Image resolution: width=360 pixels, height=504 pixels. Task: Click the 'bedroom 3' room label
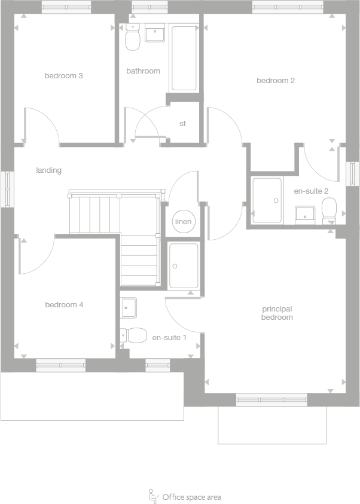(x=63, y=76)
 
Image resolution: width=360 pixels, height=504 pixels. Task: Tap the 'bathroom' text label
(x=143, y=71)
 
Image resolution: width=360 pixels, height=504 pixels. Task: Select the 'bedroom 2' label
(x=276, y=81)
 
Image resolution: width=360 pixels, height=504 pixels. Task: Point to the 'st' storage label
(x=183, y=124)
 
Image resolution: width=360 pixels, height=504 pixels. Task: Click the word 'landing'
(x=49, y=170)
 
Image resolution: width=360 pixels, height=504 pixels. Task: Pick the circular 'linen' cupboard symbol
(x=183, y=222)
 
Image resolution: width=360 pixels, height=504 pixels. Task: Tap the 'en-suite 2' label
(x=311, y=191)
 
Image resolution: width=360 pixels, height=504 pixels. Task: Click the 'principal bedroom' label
(x=277, y=313)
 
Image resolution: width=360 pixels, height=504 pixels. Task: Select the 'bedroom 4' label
(x=64, y=305)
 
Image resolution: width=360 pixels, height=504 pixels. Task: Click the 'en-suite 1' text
(x=169, y=338)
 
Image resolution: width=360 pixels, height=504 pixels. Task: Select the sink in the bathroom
(x=155, y=33)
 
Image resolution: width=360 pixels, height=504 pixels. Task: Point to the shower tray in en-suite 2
(x=266, y=200)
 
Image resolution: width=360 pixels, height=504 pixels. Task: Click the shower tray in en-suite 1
(x=184, y=265)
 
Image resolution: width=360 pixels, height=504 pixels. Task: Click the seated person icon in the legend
(x=152, y=496)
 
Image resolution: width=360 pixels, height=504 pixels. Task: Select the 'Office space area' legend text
(x=191, y=497)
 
